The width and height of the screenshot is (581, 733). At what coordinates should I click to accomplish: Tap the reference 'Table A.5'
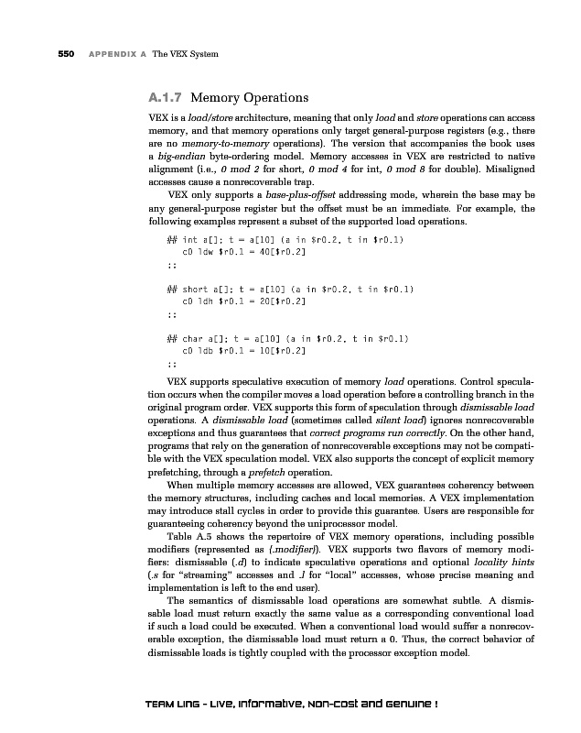[185, 535]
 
